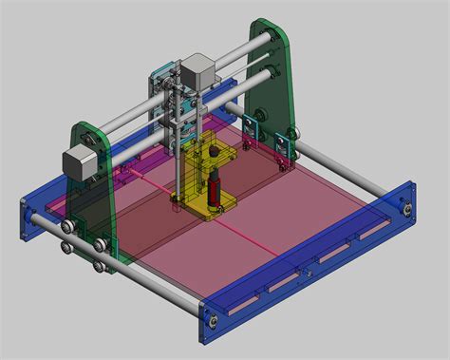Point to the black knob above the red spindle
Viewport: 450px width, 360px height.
(215, 150)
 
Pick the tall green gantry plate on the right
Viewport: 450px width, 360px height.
(271, 76)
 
